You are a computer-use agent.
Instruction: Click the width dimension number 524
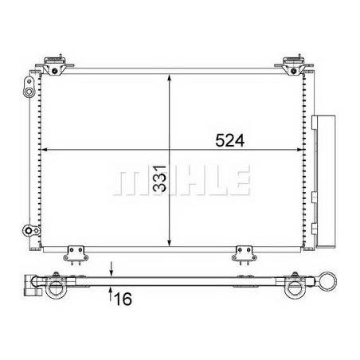click(229, 140)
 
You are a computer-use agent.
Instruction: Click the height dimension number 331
click(160, 178)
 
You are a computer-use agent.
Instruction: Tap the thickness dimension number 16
click(123, 299)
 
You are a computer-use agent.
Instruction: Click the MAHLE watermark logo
click(182, 180)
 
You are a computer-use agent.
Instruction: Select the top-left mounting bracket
click(55, 65)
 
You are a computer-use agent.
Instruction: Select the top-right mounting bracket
click(294, 65)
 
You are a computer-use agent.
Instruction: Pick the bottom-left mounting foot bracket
click(76, 255)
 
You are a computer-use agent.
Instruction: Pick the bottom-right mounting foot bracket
click(245, 255)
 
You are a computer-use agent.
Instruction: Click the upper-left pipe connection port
click(29, 88)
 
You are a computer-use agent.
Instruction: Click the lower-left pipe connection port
click(31, 230)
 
